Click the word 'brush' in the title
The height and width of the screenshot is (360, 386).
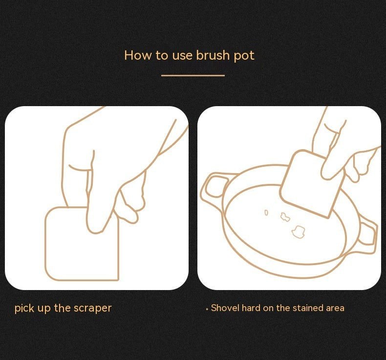click(213, 55)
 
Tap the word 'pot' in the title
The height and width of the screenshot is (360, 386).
click(244, 56)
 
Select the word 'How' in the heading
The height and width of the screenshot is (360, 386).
click(138, 55)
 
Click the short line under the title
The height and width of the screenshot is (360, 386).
click(193, 75)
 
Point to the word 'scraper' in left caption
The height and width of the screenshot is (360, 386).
click(92, 308)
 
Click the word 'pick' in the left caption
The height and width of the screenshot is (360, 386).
click(24, 308)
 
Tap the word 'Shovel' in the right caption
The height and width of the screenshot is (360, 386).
click(225, 308)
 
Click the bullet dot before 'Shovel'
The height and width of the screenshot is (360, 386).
click(207, 309)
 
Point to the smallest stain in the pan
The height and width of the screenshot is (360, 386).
click(266, 212)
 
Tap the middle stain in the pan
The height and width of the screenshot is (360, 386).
click(285, 217)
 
